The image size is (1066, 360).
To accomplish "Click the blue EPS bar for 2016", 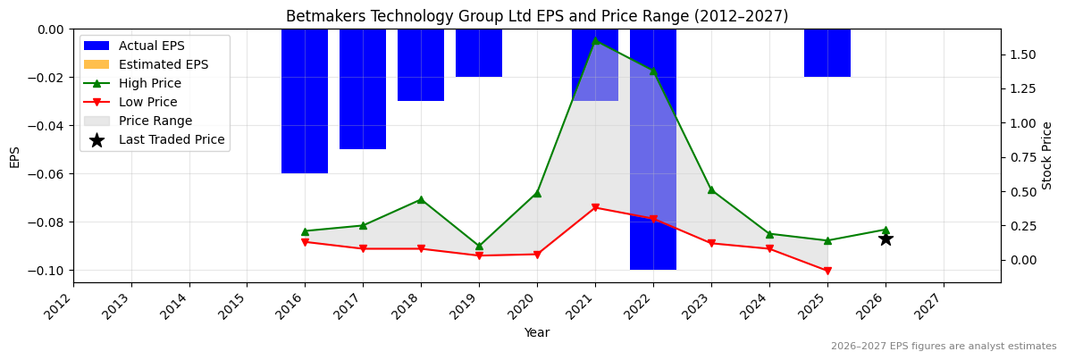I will [305, 101].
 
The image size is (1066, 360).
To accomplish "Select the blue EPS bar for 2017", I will [363, 89].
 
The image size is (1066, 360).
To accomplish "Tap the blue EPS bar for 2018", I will [421, 65].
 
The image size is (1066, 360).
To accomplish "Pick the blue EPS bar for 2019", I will [479, 53].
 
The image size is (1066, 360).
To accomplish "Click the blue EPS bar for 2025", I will [827, 53].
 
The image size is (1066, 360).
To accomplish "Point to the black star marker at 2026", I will [886, 239].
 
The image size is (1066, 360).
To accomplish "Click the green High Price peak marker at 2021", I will [595, 40].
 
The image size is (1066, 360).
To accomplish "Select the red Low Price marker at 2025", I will [827, 271].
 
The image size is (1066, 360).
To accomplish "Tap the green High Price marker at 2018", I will [421, 199].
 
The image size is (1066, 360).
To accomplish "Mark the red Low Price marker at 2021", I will [595, 207].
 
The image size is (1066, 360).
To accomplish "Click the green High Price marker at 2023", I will [711, 189].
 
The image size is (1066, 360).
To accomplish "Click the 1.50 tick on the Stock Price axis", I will [1022, 54].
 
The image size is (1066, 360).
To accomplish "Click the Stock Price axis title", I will [1047, 155].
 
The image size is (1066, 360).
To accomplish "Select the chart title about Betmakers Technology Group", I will [537, 16].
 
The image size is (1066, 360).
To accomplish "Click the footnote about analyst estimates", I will [944, 347].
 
